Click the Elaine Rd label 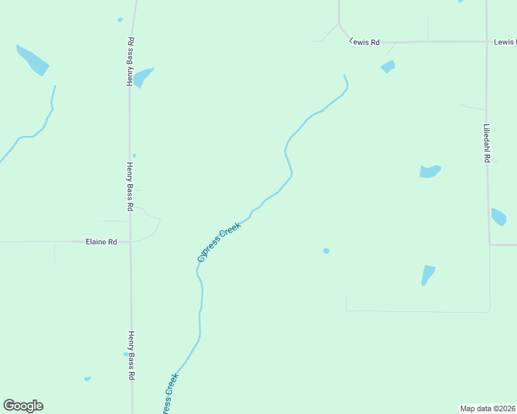[x=101, y=242]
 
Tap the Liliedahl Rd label [x=487, y=144]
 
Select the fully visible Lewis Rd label [x=365, y=42]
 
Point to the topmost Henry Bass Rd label [x=129, y=61]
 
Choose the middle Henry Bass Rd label [x=129, y=186]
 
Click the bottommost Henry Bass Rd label [x=130, y=356]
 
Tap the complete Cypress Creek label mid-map [x=219, y=242]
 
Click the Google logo [x=23, y=406]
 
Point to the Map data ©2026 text [x=488, y=408]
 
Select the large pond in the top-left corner [x=32, y=60]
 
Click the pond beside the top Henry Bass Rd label [x=142, y=77]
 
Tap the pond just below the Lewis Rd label [x=388, y=67]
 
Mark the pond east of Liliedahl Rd [x=498, y=217]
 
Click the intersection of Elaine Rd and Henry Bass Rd [x=130, y=241]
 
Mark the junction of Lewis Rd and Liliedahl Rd [x=486, y=41]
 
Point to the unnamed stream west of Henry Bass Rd [x=38, y=128]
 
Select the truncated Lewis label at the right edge [x=505, y=42]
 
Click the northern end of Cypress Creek [x=345, y=76]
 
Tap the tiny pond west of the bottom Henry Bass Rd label [x=87, y=379]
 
